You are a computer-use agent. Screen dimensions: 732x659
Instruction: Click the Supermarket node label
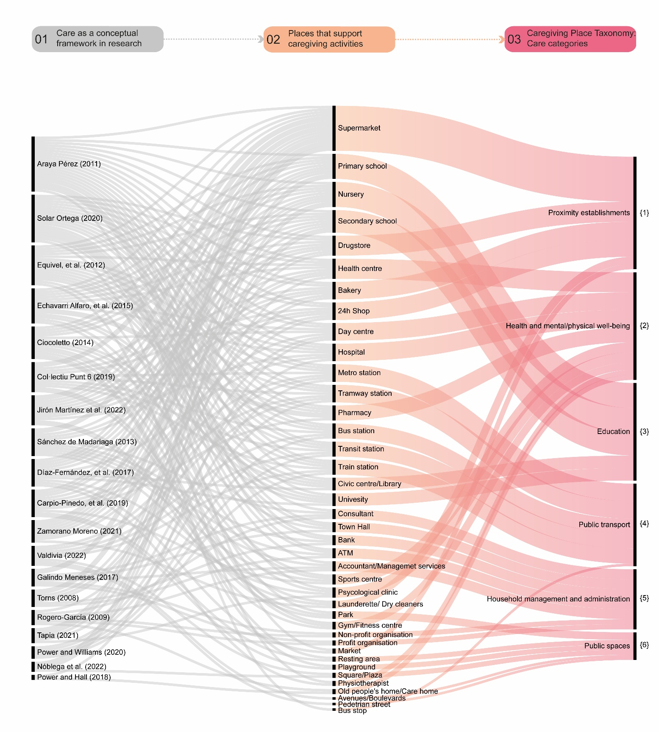pos(359,128)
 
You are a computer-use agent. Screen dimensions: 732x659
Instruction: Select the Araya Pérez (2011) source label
pos(69,164)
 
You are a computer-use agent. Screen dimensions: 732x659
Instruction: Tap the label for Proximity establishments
pos(589,213)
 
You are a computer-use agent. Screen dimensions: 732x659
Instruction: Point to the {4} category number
pos(644,523)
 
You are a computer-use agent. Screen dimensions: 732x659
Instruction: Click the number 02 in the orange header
pos(273,39)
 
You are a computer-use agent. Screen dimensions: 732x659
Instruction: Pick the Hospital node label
pos(351,352)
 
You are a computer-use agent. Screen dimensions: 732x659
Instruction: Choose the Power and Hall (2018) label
pos(74,677)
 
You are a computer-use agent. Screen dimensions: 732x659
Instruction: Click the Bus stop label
pos(352,710)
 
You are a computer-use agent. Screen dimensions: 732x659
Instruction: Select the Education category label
pos(613,431)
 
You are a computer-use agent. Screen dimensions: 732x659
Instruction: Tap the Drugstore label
pos(354,245)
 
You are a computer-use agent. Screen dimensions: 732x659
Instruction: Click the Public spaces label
pos(607,646)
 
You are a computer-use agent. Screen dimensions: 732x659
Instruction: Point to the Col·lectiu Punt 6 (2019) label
pos(76,377)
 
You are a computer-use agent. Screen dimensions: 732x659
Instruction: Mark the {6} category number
pos(644,645)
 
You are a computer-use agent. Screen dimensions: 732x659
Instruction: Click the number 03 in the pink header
pos(514,39)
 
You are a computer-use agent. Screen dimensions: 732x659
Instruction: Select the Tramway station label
pos(364,393)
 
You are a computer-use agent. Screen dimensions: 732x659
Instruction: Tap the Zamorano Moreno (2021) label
pos(79,531)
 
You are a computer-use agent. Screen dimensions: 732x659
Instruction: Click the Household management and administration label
pos(558,599)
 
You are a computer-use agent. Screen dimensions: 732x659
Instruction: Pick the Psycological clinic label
pos(367,592)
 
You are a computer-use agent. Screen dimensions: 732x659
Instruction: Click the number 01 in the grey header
pos(42,39)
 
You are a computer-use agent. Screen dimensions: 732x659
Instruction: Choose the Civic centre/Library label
pos(369,484)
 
